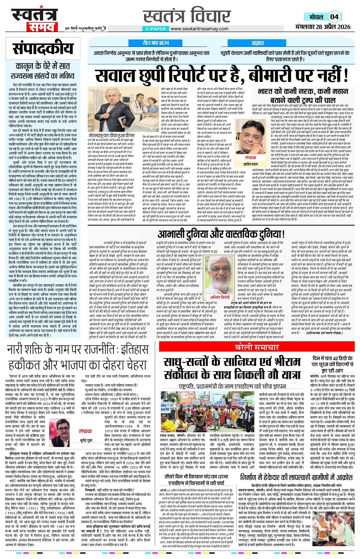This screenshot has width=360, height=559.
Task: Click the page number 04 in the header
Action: pyautogui.click(x=334, y=17)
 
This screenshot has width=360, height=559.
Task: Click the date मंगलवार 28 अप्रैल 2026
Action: pyautogui.click(x=323, y=27)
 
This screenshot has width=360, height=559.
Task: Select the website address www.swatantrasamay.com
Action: pyautogui.click(x=200, y=29)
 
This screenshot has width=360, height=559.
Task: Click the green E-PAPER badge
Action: pyautogui.click(x=156, y=29)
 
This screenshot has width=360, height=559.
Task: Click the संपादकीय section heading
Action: pyautogui.click(x=43, y=49)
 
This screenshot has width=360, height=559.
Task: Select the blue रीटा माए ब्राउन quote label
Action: pyautogui.click(x=156, y=43)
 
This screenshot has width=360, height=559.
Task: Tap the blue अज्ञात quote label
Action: pyautogui.click(x=257, y=43)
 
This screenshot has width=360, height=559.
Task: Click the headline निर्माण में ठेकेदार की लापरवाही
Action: pyautogui.click(x=296, y=477)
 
